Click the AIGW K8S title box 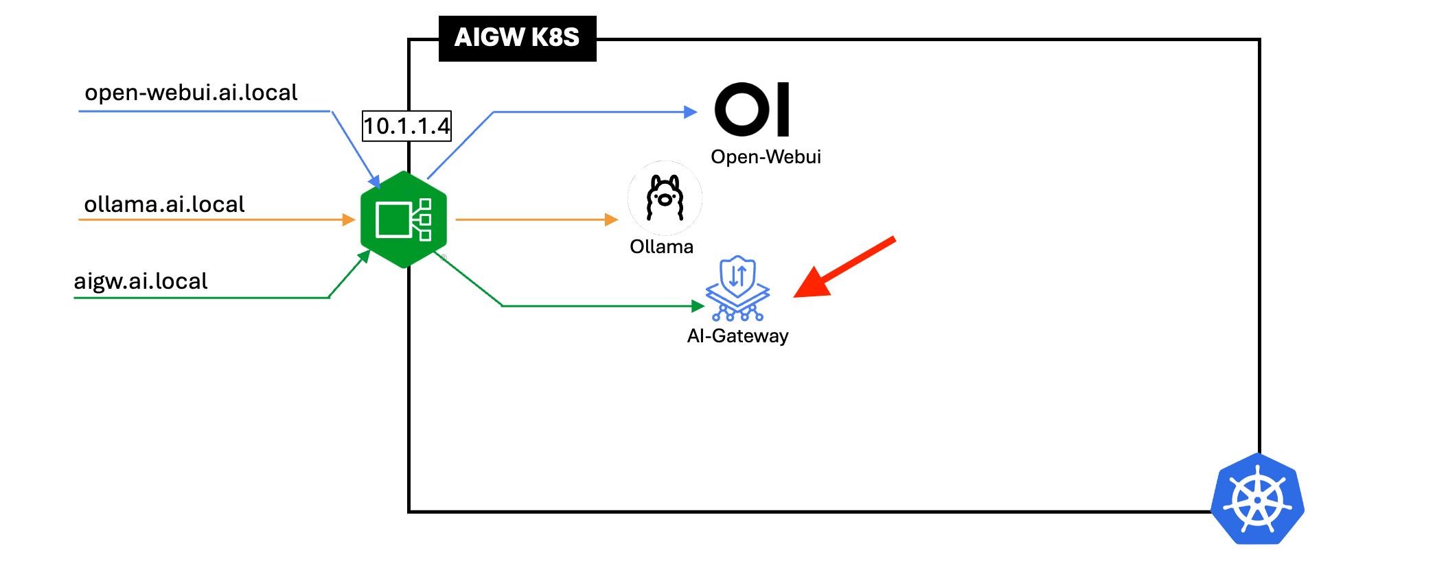(517, 38)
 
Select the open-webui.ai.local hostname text (191, 93)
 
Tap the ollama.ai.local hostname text (164, 204)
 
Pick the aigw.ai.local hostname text (141, 281)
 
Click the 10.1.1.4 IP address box (406, 126)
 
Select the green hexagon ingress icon (404, 220)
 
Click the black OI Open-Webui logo (753, 110)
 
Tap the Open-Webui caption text (766, 157)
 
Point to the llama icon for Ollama (665, 198)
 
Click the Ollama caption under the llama (661, 247)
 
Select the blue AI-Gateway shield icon (738, 288)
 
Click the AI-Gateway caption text (737, 336)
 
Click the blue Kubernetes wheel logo (1257, 499)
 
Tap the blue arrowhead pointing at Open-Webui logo (691, 112)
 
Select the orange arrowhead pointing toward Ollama (611, 220)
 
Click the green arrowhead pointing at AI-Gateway (698, 306)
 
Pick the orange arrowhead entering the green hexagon (349, 220)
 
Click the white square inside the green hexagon (393, 220)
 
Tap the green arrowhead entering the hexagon (364, 257)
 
